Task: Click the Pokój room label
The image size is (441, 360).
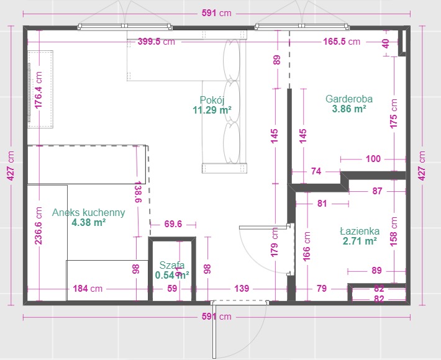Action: click(x=212, y=100)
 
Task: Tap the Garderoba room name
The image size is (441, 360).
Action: click(x=349, y=99)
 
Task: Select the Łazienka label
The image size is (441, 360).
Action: click(x=360, y=232)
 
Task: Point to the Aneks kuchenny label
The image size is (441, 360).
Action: click(x=89, y=212)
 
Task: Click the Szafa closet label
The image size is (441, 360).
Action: click(x=172, y=265)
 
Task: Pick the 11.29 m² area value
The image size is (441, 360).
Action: click(x=212, y=110)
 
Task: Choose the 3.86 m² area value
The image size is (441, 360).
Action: click(x=349, y=109)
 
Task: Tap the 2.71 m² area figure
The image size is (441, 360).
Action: click(x=360, y=241)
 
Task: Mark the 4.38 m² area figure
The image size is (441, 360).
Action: click(x=89, y=223)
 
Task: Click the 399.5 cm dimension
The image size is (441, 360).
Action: click(x=157, y=42)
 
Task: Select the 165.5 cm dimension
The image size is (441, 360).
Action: click(x=342, y=42)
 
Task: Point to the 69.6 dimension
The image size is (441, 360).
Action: click(x=173, y=224)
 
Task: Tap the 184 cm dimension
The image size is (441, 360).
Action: click(x=88, y=289)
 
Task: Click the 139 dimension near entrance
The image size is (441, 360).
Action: click(x=242, y=289)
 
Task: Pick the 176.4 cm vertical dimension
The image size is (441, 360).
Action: click(x=38, y=89)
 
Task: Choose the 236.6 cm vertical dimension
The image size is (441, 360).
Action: click(x=38, y=226)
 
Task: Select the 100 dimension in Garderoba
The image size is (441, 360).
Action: click(x=373, y=159)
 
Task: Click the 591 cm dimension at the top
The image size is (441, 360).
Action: click(x=217, y=13)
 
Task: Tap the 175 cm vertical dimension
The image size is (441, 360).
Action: click(x=394, y=114)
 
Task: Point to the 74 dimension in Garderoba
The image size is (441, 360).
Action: click(x=316, y=171)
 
